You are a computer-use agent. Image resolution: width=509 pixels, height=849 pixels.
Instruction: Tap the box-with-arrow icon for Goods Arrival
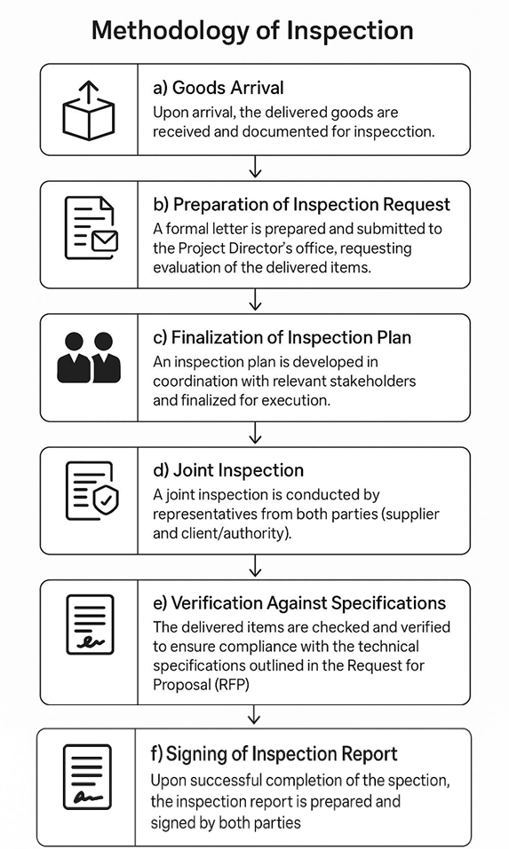[x=88, y=110]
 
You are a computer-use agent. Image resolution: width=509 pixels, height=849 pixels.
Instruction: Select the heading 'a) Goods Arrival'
[x=218, y=88]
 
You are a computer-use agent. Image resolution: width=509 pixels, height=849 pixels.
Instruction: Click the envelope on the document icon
[x=105, y=240]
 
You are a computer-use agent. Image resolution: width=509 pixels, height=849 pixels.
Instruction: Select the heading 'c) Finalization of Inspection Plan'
[x=282, y=337]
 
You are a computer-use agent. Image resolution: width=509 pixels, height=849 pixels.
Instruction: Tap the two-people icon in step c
[x=88, y=358]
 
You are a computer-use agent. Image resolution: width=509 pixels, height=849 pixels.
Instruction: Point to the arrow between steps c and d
[x=255, y=433]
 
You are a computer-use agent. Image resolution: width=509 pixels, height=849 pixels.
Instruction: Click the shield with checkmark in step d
[x=106, y=501]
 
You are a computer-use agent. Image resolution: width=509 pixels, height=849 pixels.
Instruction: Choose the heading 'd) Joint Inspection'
[x=228, y=470]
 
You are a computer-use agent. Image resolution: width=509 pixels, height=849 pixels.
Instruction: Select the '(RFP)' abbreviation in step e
[x=232, y=684]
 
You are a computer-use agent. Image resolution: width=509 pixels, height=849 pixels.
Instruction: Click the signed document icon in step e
[x=90, y=625]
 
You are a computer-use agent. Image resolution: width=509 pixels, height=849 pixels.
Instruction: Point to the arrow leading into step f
[x=254, y=716]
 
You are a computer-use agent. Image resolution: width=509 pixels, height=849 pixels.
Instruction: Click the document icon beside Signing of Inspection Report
[x=87, y=777]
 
